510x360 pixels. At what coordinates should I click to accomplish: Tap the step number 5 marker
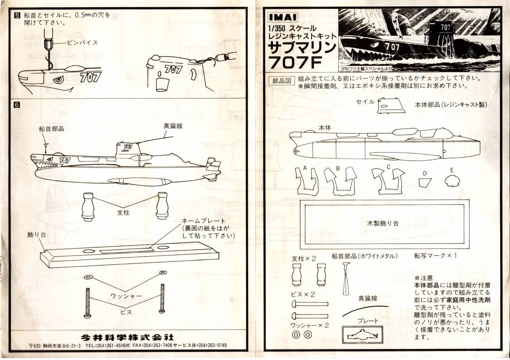click(17, 15)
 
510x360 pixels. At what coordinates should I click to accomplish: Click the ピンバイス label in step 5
click(82, 43)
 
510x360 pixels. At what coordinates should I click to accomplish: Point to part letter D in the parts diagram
click(425, 173)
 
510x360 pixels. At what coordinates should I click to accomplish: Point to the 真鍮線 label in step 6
click(173, 126)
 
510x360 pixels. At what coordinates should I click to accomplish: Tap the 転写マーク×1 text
click(435, 256)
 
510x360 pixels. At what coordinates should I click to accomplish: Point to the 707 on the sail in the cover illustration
click(445, 27)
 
